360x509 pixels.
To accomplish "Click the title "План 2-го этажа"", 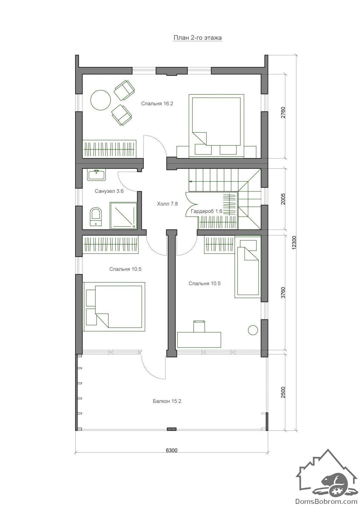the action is (197, 38).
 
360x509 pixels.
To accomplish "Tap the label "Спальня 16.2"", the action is (157, 104).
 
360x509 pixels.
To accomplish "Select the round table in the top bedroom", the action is (101, 100).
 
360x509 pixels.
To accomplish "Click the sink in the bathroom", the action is (97, 175).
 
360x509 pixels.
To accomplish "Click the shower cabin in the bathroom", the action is (124, 215).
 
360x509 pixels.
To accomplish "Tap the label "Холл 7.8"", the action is (167, 204).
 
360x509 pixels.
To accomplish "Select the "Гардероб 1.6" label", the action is (207, 211).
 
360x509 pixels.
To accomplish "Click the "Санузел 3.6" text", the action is (109, 191).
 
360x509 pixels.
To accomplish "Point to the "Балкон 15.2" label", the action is (167, 401).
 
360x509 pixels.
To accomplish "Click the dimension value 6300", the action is (172, 450).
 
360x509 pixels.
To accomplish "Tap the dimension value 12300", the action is (294, 243).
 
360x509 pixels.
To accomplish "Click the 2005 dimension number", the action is (283, 199).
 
